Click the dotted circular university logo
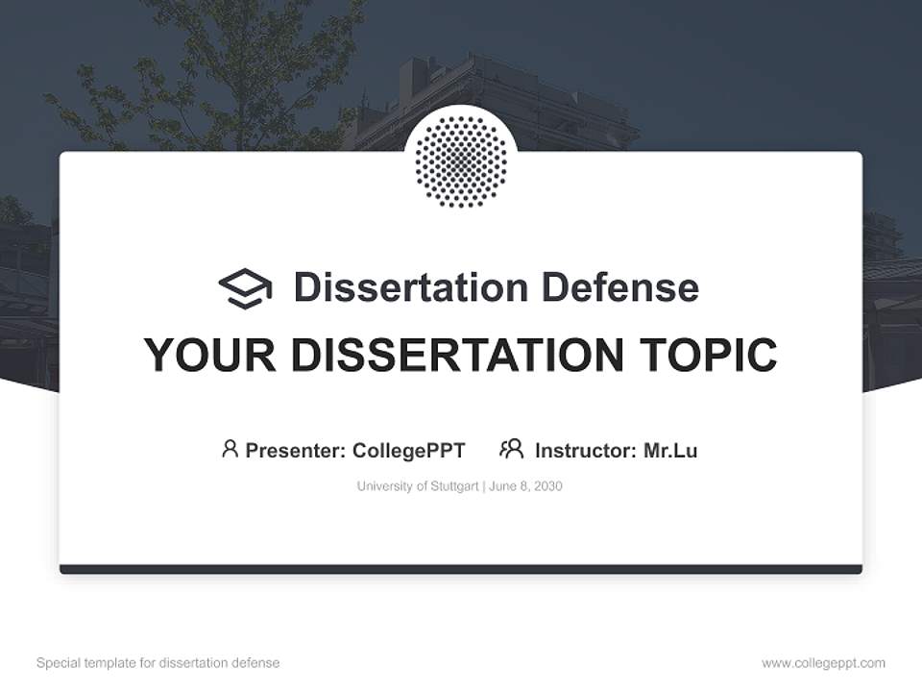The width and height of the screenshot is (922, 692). tap(461, 161)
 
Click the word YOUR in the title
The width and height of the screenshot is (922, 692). tap(209, 356)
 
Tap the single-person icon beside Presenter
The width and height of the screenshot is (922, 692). tap(230, 449)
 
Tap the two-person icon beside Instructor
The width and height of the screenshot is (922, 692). tap(511, 449)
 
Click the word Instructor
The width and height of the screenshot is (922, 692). tap(584, 450)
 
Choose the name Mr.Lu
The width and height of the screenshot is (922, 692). tap(670, 450)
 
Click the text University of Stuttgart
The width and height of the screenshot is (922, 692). tap(418, 486)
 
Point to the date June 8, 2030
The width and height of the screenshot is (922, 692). tap(525, 486)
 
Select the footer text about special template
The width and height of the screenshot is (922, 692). tap(158, 663)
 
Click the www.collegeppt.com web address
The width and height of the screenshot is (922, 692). tap(823, 663)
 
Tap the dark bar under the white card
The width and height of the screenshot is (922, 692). tap(461, 569)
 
